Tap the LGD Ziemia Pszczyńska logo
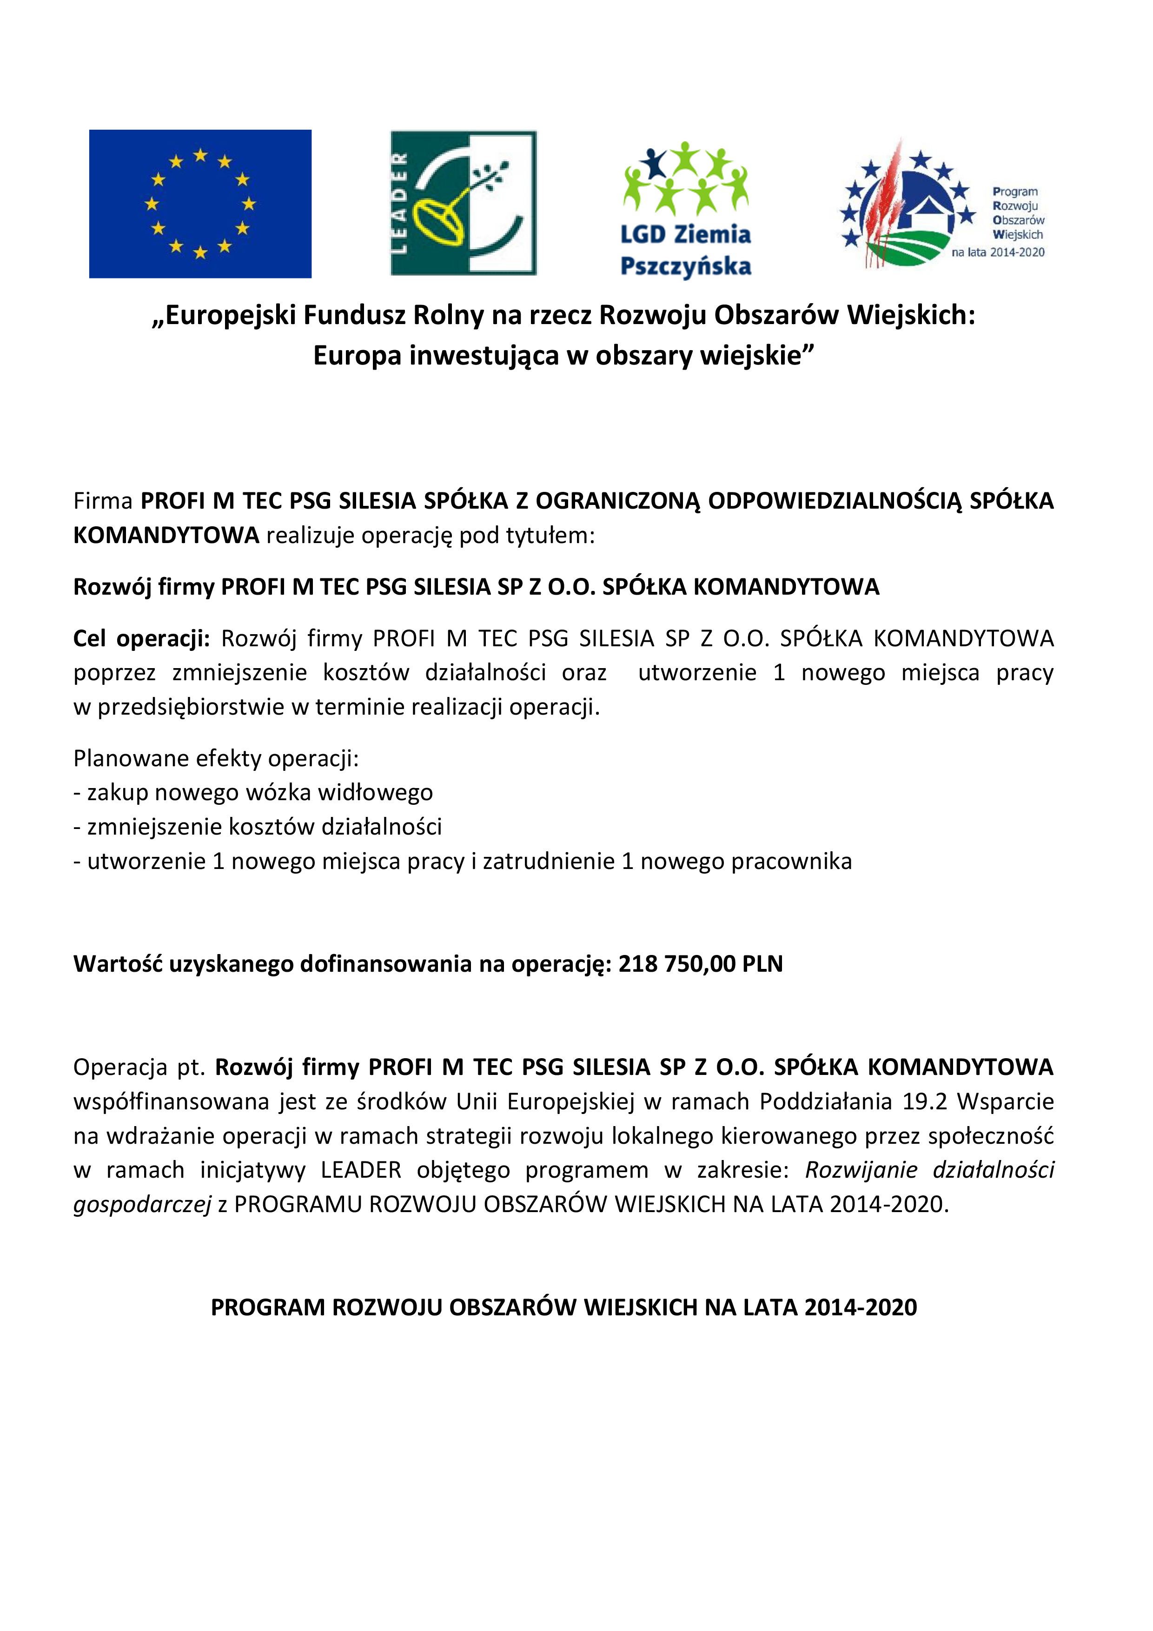pyautogui.click(x=686, y=210)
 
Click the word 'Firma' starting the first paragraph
pyautogui.click(x=103, y=501)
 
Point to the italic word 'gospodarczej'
pyautogui.click(x=142, y=1204)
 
